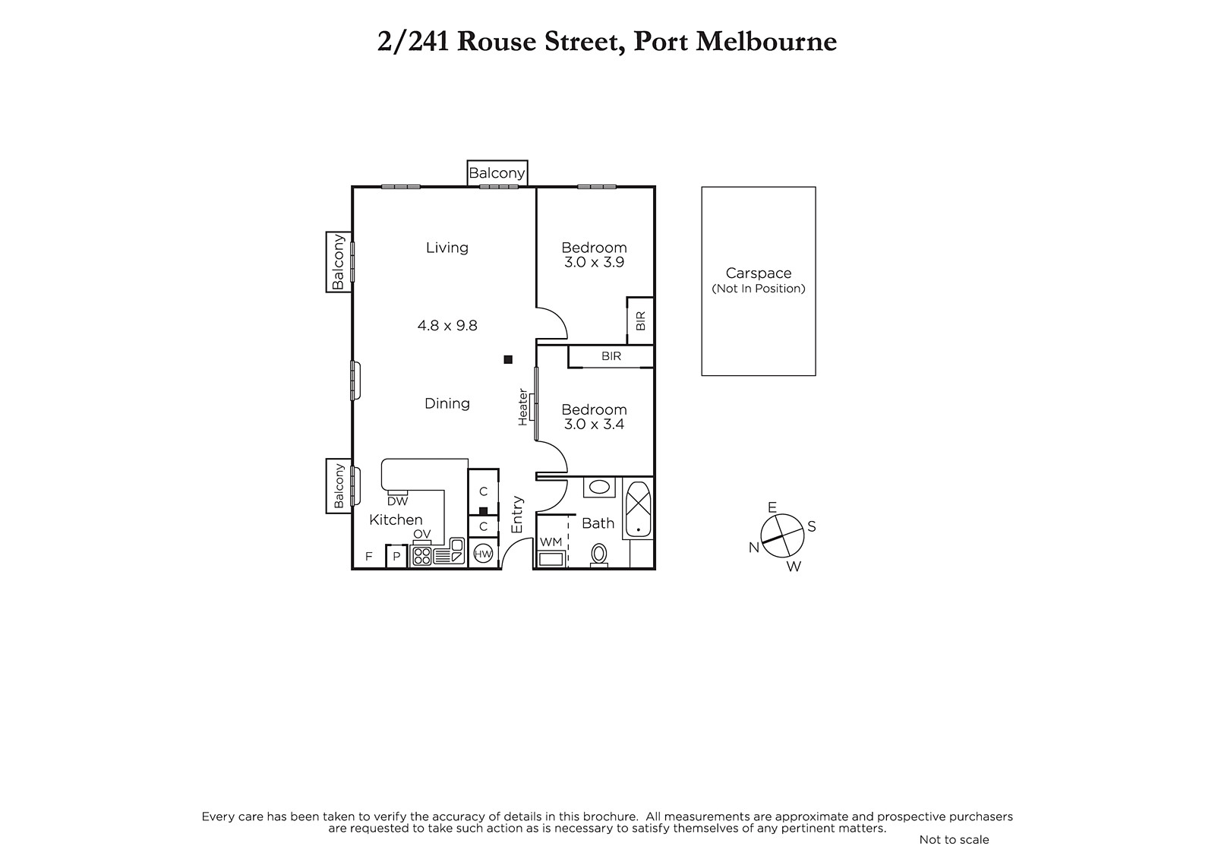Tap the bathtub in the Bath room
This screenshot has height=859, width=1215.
click(x=639, y=508)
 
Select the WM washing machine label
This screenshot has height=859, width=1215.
click(x=551, y=542)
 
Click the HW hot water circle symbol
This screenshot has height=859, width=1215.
click(x=483, y=554)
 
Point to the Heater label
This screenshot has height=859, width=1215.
click(x=522, y=407)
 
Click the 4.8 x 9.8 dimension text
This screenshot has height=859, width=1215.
click(x=447, y=326)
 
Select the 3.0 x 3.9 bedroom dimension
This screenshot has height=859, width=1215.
click(x=594, y=262)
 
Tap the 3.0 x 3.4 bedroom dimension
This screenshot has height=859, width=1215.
click(x=594, y=424)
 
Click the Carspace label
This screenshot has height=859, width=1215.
click(x=759, y=273)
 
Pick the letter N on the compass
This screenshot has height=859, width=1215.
click(x=754, y=548)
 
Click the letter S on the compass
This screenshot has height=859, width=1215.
click(x=812, y=526)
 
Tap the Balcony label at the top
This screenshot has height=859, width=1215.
click(x=497, y=173)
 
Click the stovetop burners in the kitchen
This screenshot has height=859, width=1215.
click(x=422, y=556)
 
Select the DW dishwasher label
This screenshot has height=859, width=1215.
click(x=398, y=501)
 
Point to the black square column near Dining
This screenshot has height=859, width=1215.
click(x=508, y=359)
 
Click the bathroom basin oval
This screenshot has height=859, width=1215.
click(x=599, y=487)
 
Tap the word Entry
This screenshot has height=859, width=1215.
click(x=517, y=514)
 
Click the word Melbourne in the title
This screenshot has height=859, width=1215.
click(x=766, y=41)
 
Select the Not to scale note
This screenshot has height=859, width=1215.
click(x=954, y=839)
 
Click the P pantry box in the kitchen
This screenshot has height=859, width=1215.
click(x=396, y=556)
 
